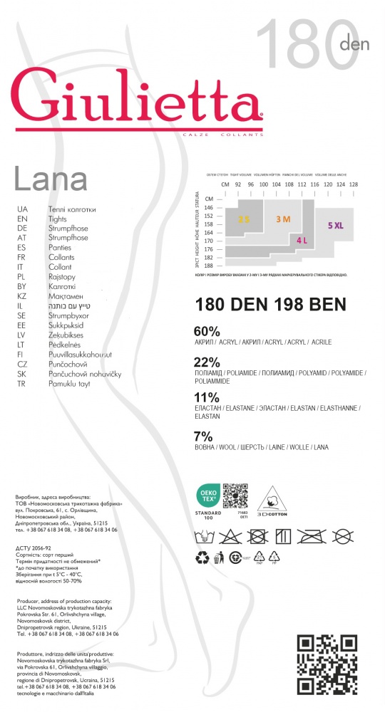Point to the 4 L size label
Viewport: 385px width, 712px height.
(302, 241)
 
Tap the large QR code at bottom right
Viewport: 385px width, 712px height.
(327, 664)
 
